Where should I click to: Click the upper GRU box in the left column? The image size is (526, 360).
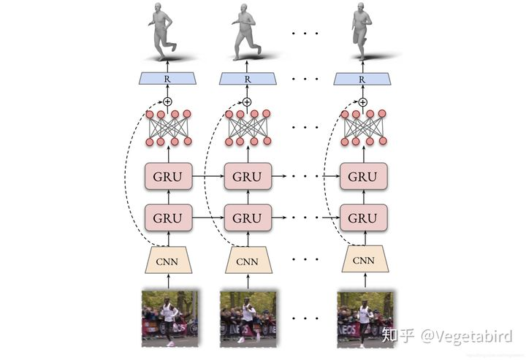[x=169, y=177]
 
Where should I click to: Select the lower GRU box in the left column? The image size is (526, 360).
[x=169, y=218]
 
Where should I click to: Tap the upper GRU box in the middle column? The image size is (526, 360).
[x=248, y=177]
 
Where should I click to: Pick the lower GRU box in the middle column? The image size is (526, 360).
[x=248, y=218]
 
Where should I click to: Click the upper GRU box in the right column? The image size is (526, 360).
[x=363, y=177]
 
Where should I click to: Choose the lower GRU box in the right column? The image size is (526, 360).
[x=363, y=218]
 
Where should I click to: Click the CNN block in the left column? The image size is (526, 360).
[x=169, y=260]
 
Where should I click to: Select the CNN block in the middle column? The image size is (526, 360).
[x=248, y=260]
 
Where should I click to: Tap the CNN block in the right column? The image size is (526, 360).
[x=363, y=260]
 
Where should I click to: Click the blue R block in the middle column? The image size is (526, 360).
[x=248, y=78]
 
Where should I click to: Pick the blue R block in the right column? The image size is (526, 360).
[x=363, y=78]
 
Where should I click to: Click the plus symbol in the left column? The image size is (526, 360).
[x=167, y=101]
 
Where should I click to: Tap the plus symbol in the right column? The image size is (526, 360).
[x=362, y=101]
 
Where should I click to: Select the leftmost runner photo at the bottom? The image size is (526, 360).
[x=169, y=318]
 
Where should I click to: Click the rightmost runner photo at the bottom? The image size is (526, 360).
[x=365, y=318]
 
